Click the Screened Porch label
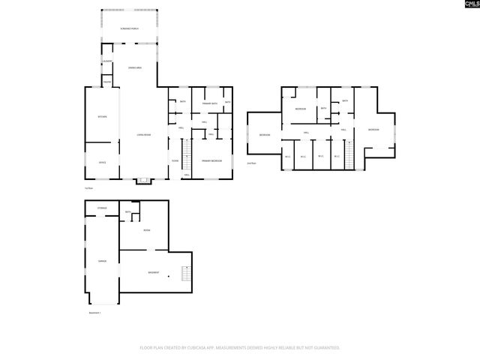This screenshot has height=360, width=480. (129, 28)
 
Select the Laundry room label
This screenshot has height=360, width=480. (107, 61)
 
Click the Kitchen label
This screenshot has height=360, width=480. (103, 117)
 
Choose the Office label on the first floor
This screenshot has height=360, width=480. (102, 162)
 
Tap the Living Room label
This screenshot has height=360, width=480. (143, 134)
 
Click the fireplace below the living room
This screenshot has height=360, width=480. (142, 181)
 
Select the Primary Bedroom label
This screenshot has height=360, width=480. (211, 161)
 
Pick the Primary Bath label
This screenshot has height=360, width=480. (210, 103)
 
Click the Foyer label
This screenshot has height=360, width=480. (175, 160)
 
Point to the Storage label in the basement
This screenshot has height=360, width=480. (103, 208)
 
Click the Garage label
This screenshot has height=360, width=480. (102, 261)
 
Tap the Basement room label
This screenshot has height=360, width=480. (153, 272)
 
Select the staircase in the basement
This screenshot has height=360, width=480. (188, 274)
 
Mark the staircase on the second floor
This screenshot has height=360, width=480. (348, 155)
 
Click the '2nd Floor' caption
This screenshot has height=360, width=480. (251, 163)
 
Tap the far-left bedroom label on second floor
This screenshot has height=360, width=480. (265, 135)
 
